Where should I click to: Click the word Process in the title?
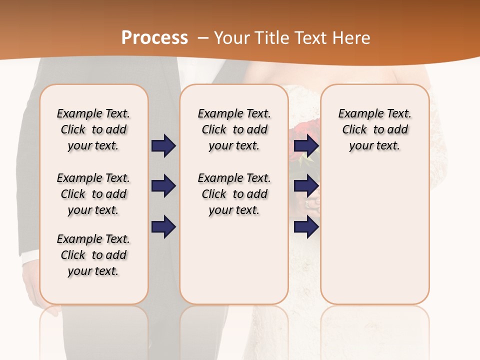154,37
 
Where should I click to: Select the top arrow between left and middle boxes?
163,145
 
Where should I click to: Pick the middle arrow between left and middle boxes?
163,186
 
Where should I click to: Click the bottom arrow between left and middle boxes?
163,226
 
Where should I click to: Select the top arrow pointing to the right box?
306,145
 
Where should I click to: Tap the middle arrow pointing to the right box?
306,186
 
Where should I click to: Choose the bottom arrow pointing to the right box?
306,226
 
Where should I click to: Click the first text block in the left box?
93,129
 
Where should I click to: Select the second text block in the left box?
93,194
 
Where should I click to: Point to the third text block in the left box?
93,255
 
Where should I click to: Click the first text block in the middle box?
234,129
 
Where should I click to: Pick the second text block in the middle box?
234,194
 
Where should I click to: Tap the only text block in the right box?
374,129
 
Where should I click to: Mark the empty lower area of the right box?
374,235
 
